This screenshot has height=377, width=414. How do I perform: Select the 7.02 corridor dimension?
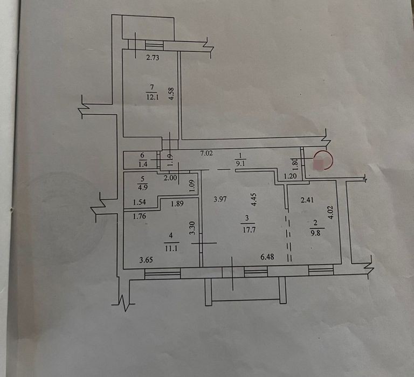(x=206, y=153)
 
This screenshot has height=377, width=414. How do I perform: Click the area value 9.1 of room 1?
(x=240, y=160)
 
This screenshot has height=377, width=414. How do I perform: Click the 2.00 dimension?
(x=170, y=177)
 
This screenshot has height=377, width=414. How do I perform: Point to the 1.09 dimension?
(x=192, y=185)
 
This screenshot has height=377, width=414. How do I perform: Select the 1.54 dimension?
(x=140, y=203)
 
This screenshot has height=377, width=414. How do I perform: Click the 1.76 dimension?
(x=141, y=217)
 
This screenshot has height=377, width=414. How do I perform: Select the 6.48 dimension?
(x=267, y=257)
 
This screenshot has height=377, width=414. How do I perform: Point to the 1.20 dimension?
(x=292, y=176)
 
